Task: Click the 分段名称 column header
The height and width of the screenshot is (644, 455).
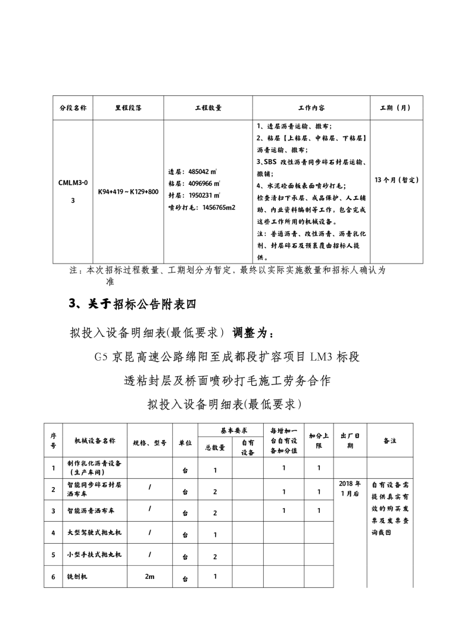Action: (x=73, y=108)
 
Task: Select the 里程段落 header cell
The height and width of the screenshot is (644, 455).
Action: (x=128, y=108)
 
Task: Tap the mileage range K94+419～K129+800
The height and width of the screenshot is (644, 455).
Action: (x=128, y=192)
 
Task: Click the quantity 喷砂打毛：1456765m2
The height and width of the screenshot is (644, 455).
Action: (x=202, y=208)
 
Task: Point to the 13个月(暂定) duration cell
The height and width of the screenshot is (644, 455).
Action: (x=397, y=179)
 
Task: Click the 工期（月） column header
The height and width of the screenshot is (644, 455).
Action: (x=395, y=108)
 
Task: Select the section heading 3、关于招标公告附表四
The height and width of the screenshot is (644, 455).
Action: (x=132, y=304)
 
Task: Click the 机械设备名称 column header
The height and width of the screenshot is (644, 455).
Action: (x=95, y=440)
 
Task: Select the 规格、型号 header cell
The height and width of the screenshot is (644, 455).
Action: (x=149, y=442)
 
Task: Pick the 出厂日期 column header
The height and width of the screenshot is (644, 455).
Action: (x=350, y=440)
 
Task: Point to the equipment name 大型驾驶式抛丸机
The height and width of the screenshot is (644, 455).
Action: (x=95, y=532)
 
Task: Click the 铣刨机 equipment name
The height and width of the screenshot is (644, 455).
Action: (x=78, y=577)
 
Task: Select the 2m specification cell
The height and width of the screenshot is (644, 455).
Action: (x=149, y=577)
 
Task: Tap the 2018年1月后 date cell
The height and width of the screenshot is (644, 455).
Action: (x=350, y=488)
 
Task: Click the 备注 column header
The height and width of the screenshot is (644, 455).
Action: (x=390, y=440)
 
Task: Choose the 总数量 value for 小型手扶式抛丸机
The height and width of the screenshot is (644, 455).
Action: (x=215, y=556)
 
